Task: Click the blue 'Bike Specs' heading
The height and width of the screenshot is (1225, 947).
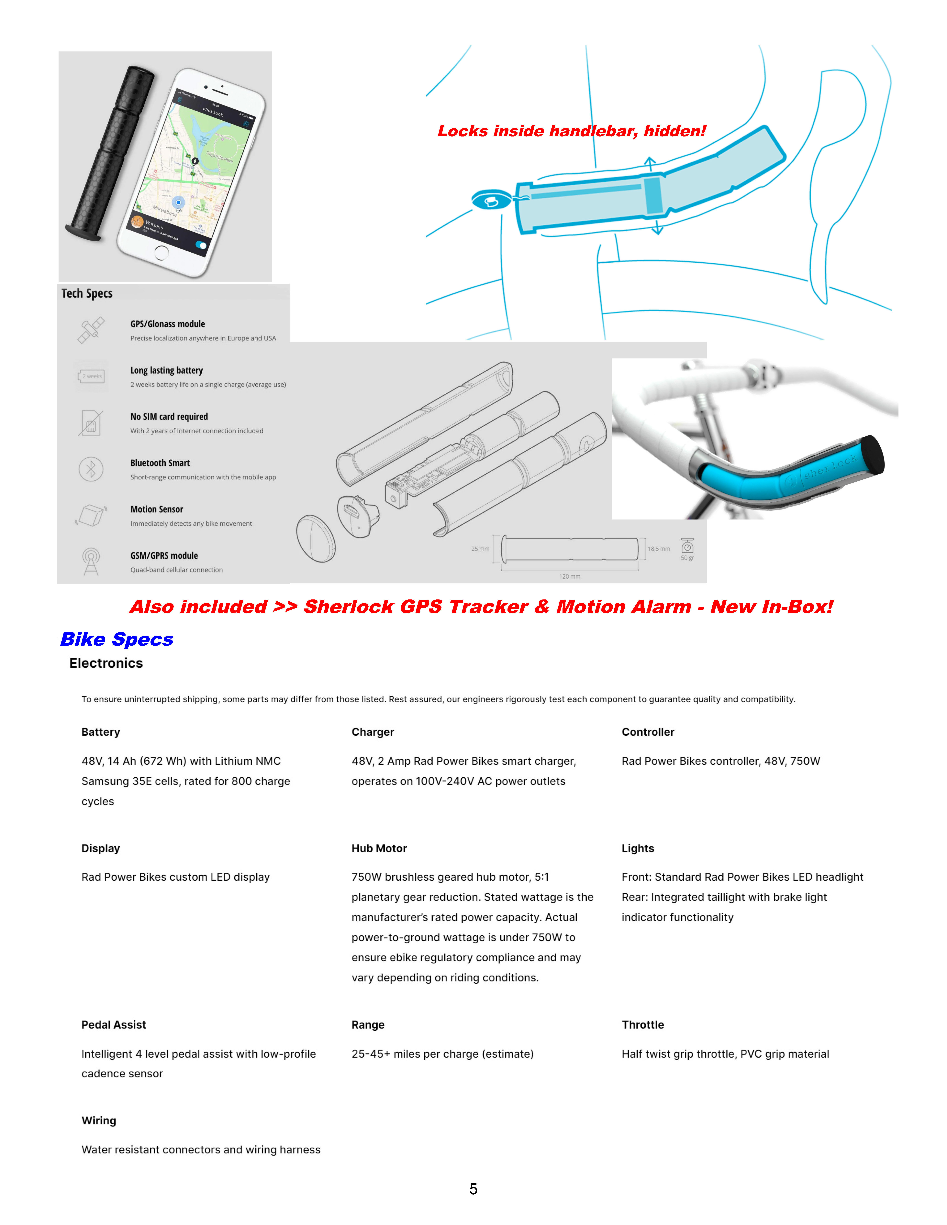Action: point(117,640)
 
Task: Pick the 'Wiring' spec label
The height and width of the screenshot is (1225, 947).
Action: point(99,1121)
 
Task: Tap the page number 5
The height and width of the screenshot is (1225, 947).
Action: point(473,1189)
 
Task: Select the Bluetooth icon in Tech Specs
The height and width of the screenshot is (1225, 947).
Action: point(91,469)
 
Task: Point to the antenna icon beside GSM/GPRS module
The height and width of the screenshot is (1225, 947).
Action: point(91,562)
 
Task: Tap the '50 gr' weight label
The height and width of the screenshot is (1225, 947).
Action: point(687,558)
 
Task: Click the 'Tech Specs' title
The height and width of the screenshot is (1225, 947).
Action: point(87,293)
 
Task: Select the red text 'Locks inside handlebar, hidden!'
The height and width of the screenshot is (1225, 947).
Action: point(571,131)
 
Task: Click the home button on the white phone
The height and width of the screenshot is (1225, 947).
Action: point(161,253)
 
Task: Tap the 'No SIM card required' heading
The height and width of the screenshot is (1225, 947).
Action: point(169,417)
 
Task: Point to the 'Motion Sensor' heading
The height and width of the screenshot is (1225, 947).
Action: point(157,509)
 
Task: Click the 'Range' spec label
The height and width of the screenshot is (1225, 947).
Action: point(368,1025)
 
